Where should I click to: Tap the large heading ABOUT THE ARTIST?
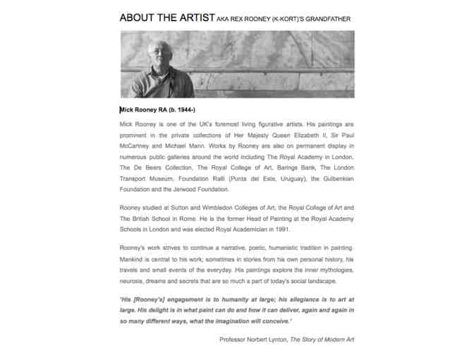pos(166,18)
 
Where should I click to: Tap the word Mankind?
pos(135,259)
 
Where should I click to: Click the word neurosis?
pos(134,282)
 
